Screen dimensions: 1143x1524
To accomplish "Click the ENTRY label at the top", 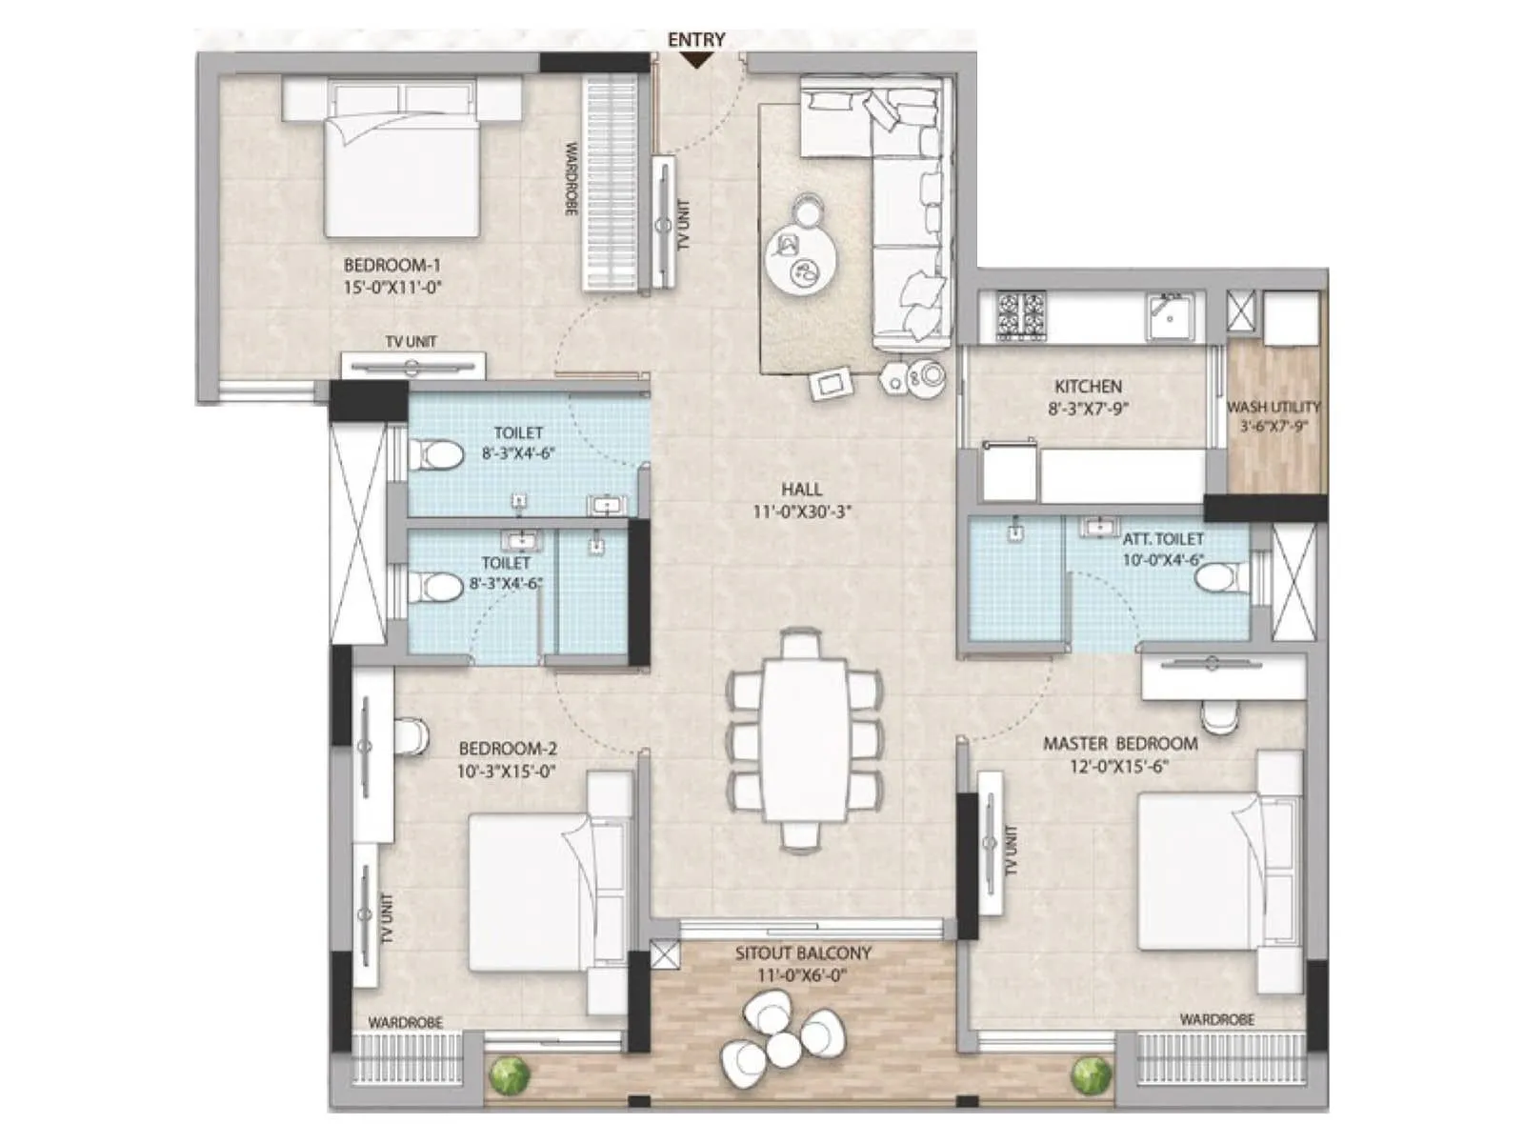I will [696, 39].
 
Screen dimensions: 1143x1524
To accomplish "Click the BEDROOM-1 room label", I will [391, 265].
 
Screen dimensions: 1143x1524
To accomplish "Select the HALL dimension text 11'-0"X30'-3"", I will [801, 511].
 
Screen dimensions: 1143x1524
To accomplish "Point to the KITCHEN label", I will [1088, 387].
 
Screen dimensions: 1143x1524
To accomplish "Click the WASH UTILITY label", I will [1273, 407].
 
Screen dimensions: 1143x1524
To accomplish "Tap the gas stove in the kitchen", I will [1021, 315].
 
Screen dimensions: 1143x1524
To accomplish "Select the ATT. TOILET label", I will [1162, 539].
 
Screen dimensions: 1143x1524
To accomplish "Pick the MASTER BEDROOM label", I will [1120, 743].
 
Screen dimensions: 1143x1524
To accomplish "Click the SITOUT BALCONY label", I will [803, 952].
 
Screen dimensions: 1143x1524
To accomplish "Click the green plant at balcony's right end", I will [1091, 1076].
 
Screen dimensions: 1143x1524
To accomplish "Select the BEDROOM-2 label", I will [508, 750].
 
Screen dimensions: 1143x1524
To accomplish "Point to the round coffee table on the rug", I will [802, 259].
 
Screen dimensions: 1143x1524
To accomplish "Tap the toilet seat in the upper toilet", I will [433, 453].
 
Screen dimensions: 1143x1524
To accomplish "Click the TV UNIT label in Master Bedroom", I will [1012, 851].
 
